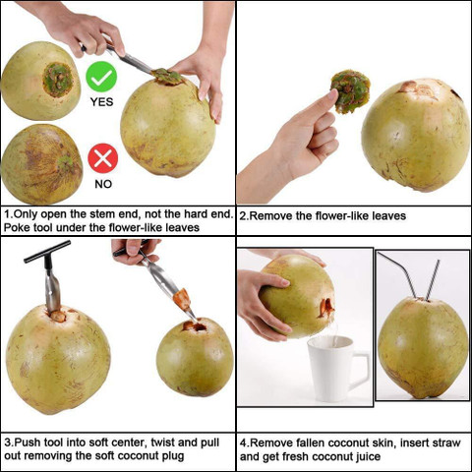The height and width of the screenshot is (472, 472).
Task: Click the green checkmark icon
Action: pyautogui.click(x=101, y=77)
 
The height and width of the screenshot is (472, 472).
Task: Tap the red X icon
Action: pyautogui.click(x=102, y=157)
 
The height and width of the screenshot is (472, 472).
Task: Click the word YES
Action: pyautogui.click(x=101, y=101)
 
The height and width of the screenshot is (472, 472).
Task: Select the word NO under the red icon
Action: pyautogui.click(x=102, y=183)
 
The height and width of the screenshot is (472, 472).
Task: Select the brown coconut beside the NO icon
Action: pyautogui.click(x=41, y=163)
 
